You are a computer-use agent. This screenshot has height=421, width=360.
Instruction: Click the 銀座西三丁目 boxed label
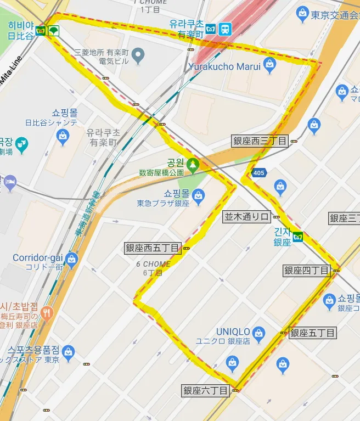(260, 141)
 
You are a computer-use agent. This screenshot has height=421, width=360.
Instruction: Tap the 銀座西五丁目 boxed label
(153, 248)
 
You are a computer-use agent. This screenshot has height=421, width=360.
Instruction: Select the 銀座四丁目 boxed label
(307, 270)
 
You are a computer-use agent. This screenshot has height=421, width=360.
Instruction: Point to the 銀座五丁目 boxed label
(312, 333)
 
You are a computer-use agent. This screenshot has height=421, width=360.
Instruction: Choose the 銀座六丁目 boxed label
(206, 391)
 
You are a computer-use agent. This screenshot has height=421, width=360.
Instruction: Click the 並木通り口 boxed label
(247, 216)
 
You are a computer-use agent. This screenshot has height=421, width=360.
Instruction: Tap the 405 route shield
(259, 173)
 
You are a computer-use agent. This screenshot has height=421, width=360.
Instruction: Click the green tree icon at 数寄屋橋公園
(192, 163)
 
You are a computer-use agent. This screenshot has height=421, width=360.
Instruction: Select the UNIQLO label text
(233, 332)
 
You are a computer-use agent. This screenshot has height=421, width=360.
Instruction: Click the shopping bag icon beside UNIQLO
(259, 332)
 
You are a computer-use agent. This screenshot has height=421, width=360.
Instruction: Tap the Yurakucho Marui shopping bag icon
(269, 66)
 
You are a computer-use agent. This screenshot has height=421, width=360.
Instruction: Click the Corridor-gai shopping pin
(71, 258)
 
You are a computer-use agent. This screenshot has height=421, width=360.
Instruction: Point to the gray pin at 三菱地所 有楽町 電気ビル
(138, 55)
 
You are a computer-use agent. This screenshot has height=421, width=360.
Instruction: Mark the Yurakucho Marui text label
(224, 66)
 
